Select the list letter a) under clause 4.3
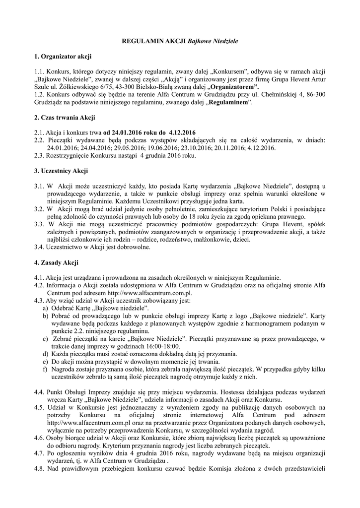pos(46,308)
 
